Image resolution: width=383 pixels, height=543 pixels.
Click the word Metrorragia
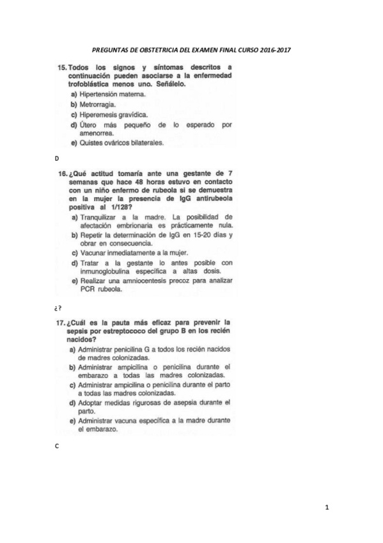pos(99,104)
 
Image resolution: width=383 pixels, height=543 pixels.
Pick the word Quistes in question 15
pos(92,143)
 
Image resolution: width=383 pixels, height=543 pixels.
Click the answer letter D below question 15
pos(56,158)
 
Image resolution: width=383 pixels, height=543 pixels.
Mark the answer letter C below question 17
pos(56,446)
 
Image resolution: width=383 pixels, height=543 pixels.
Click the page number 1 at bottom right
pos(327,508)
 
